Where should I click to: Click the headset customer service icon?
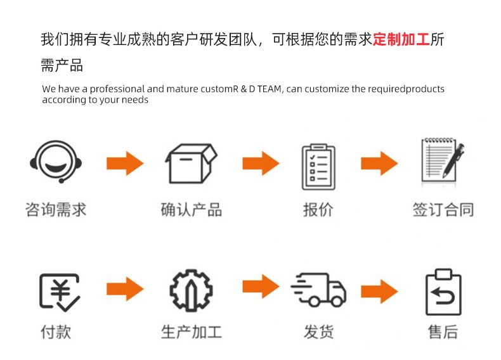[56, 162]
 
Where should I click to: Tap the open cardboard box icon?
[191, 164]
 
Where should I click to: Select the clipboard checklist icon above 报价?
[318, 167]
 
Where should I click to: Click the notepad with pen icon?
[443, 159]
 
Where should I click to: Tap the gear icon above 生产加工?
[191, 290]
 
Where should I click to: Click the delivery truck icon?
[318, 290]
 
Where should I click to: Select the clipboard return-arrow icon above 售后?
[443, 292]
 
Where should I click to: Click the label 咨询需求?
[56, 210]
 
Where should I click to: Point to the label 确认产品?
[191, 210]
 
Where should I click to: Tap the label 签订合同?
[443, 210]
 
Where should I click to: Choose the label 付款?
[56, 332]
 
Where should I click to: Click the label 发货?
[318, 332]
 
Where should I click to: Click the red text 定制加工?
[401, 39]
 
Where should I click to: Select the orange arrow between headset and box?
[125, 164]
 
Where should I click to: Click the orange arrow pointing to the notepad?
[380, 164]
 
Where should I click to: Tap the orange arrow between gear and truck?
[261, 286]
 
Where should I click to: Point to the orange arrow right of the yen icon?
[125, 289]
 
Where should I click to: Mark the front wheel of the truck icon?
[337, 301]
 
